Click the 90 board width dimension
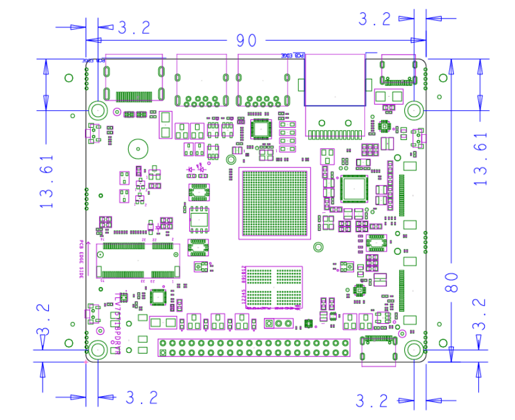point(246,41)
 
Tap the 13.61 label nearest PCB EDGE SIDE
point(47,181)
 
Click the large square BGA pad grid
point(274,203)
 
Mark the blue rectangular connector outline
point(335,80)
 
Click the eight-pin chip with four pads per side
point(199,219)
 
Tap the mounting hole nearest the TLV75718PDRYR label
point(97,349)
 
